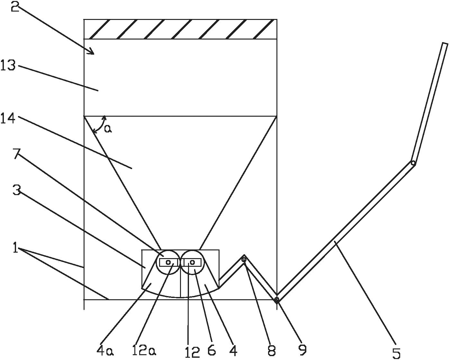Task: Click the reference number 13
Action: (x=8, y=65)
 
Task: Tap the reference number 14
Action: (x=8, y=118)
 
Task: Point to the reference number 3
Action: (x=17, y=190)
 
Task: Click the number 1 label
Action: (x=15, y=248)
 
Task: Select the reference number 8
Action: (x=272, y=350)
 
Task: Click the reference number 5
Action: (x=396, y=354)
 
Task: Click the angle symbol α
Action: (x=108, y=129)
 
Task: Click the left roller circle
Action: (x=168, y=262)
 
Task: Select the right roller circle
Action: (x=193, y=262)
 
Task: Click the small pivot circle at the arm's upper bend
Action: (x=413, y=163)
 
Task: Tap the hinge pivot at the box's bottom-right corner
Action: (x=277, y=300)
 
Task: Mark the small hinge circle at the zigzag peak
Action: (x=244, y=260)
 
